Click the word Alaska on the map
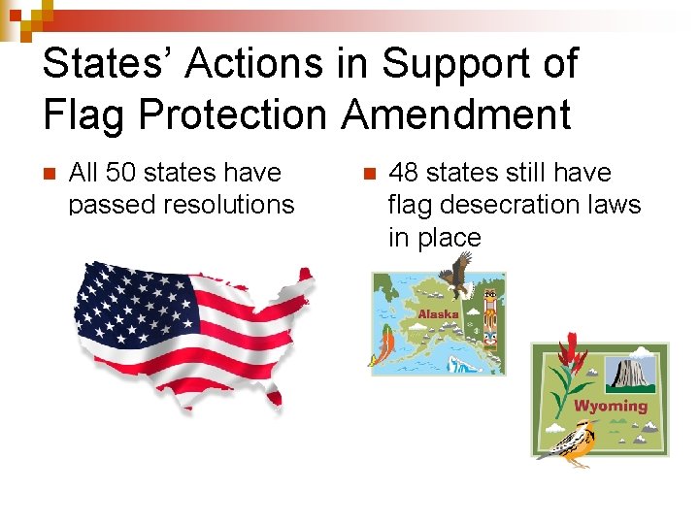[438, 314]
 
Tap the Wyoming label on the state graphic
[611, 406]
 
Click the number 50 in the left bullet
[121, 173]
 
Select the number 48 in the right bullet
[404, 173]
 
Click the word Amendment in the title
[455, 115]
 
